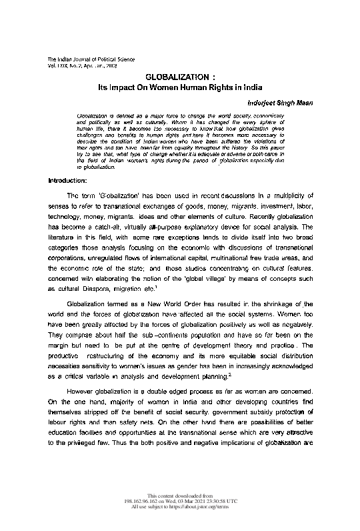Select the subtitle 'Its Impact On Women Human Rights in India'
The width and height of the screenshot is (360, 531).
tap(181, 88)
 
